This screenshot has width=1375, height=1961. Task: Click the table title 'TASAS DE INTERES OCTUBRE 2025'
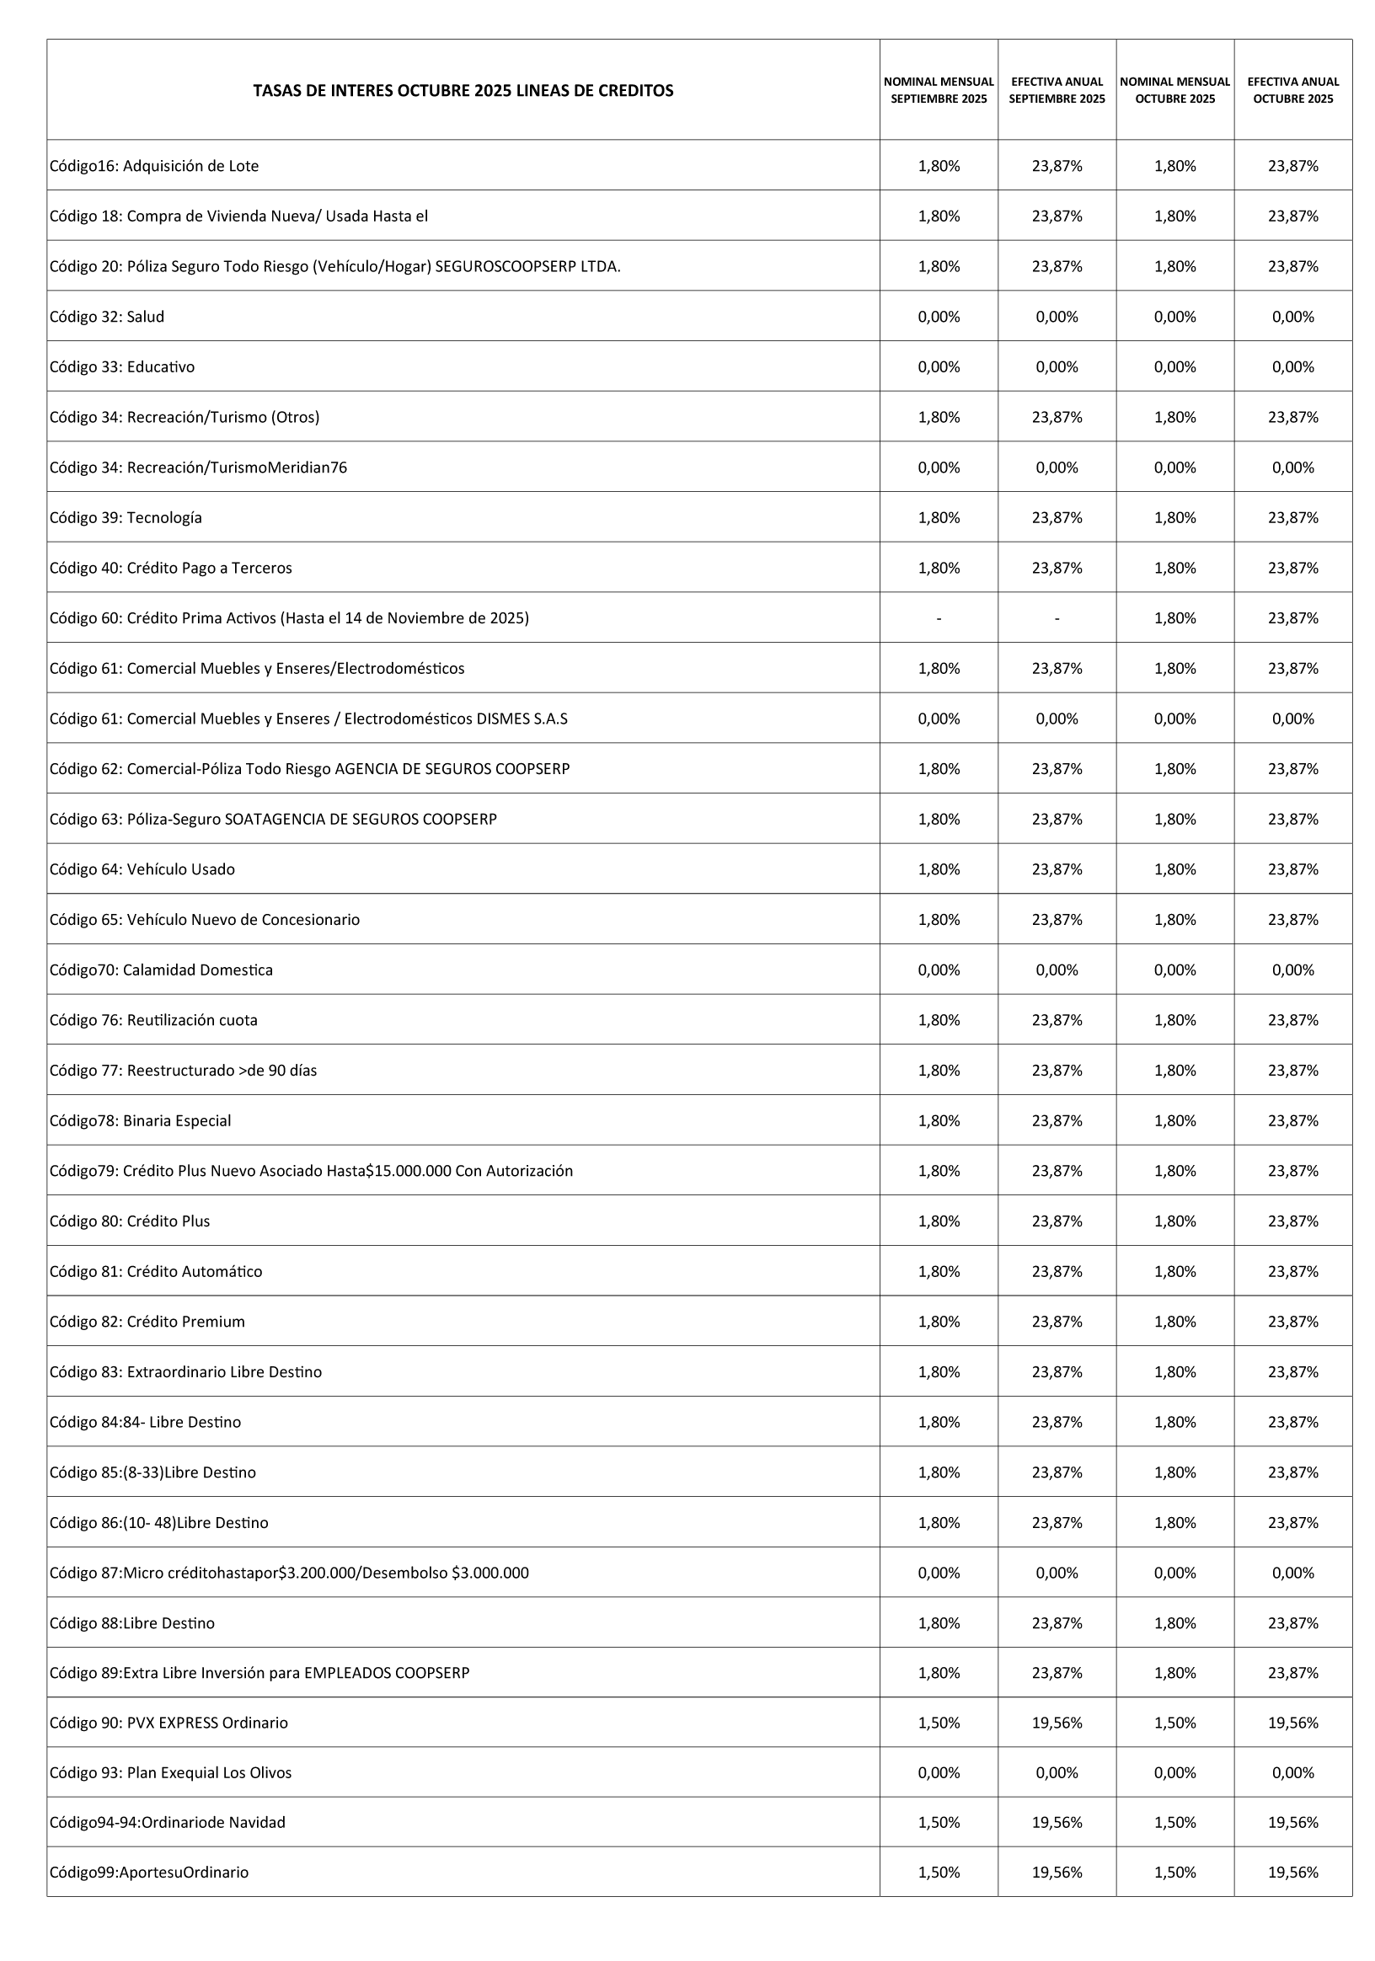463,90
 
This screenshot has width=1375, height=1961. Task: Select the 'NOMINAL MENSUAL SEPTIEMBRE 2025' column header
939,90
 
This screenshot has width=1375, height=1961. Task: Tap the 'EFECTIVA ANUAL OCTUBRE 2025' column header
1292,90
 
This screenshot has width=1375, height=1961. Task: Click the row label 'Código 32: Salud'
107,317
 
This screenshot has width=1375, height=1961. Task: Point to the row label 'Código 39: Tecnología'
126,517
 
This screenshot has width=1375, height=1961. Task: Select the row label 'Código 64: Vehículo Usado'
142,869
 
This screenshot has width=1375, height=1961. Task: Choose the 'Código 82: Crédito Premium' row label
147,1322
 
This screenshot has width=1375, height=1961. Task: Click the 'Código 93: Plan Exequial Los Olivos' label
170,1772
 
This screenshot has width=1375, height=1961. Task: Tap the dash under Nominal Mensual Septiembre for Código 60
939,618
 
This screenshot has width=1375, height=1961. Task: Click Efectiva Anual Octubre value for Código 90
1292,1723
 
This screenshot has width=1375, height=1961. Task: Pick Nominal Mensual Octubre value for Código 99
1174,1873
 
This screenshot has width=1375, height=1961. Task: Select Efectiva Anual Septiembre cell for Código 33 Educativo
1057,367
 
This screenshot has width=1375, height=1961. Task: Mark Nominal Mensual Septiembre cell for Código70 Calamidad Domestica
939,970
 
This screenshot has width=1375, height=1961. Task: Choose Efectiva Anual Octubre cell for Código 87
1292,1573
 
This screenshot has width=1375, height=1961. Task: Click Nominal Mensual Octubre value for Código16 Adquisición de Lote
1174,167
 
